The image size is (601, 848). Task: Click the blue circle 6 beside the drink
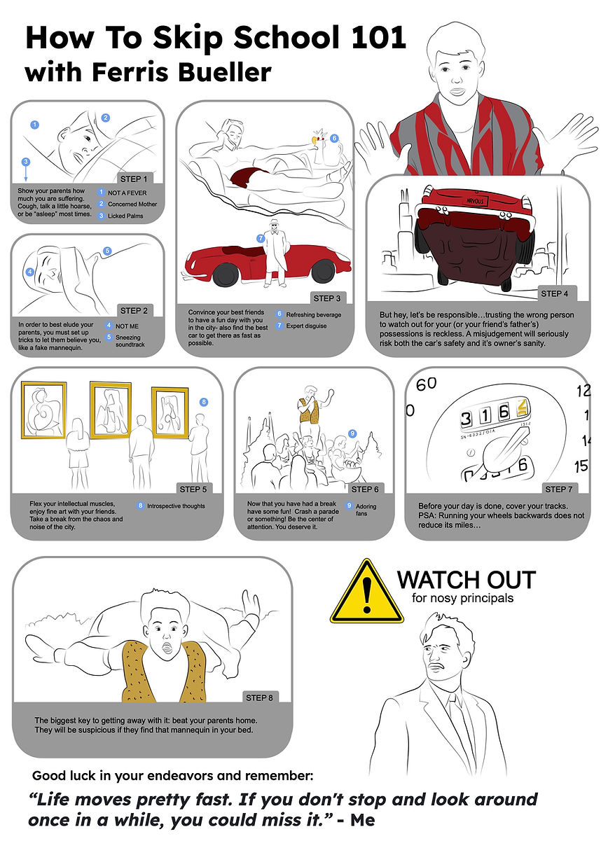pyautogui.click(x=334, y=138)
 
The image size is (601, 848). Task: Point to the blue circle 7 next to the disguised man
pyautogui.click(x=260, y=238)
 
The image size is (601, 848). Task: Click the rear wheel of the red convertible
pyautogui.click(x=226, y=273)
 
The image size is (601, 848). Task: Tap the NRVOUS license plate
pyautogui.click(x=475, y=201)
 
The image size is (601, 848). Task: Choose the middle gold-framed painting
pyautogui.click(x=110, y=410)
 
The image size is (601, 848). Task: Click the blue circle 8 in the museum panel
pyautogui.click(x=204, y=402)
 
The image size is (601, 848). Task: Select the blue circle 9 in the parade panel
pyautogui.click(x=352, y=434)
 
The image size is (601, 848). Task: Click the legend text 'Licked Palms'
pyautogui.click(x=125, y=216)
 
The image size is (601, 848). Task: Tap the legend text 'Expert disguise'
pyautogui.click(x=306, y=326)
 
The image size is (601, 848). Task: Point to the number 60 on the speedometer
pyautogui.click(x=427, y=384)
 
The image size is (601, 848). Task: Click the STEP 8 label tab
pyautogui.click(x=260, y=697)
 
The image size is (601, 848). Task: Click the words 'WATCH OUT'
pyautogui.click(x=467, y=580)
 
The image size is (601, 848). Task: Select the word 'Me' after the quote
pyautogui.click(x=362, y=820)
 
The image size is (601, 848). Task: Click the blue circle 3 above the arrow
pyautogui.click(x=26, y=162)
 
